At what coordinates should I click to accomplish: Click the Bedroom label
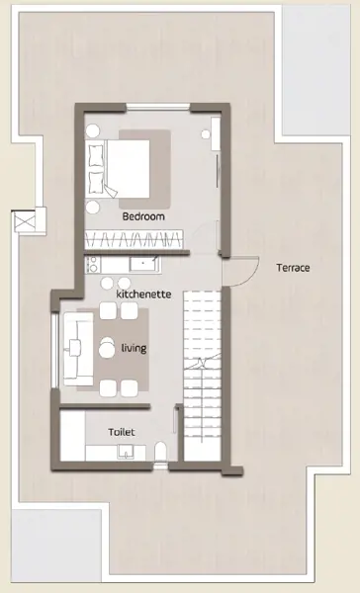click(143, 216)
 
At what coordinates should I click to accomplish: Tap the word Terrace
click(293, 268)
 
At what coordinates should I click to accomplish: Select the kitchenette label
click(143, 294)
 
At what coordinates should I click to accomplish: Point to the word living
click(134, 348)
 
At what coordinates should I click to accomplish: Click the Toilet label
click(121, 432)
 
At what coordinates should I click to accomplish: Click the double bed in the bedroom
click(118, 169)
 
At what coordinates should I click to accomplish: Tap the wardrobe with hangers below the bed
click(134, 239)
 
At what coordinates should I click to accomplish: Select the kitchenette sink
click(143, 264)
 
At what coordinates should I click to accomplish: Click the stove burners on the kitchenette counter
click(92, 264)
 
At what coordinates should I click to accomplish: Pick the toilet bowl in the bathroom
click(160, 452)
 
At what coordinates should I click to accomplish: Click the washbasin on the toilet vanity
click(125, 452)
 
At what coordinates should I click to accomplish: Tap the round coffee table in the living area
click(107, 348)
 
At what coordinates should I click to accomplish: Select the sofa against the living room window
click(78, 349)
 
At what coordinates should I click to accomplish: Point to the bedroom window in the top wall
click(158, 107)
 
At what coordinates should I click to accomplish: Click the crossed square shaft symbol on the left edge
click(25, 220)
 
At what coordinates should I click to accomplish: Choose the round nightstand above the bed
click(92, 131)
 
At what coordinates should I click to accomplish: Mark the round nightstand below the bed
click(92, 208)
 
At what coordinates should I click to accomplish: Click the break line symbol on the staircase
click(203, 363)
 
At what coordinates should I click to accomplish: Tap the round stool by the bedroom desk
click(206, 134)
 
